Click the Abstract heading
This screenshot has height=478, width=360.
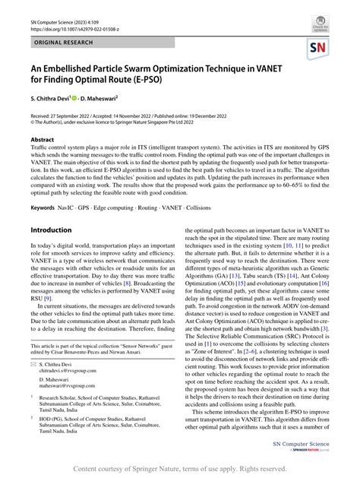[42, 141]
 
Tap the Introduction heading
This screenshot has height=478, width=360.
[51, 230]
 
